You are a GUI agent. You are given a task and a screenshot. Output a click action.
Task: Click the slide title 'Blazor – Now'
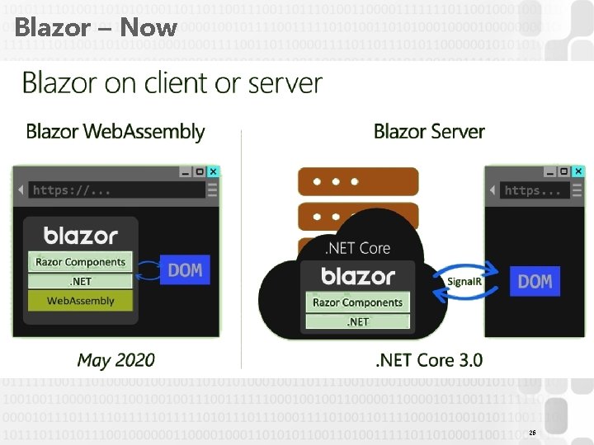[x=96, y=27]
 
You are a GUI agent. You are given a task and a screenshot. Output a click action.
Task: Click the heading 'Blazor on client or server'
[x=172, y=83]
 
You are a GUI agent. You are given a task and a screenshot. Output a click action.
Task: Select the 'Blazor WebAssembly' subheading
[x=115, y=131]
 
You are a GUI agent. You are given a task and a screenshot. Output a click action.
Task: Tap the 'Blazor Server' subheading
[x=429, y=131]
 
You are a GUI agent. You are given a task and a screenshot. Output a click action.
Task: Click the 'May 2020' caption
[x=115, y=360]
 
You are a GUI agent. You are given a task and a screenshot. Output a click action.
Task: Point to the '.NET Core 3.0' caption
[x=429, y=360]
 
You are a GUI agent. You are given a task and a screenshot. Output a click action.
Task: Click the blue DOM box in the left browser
[x=185, y=269]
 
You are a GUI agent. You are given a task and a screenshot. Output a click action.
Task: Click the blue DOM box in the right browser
[x=535, y=281]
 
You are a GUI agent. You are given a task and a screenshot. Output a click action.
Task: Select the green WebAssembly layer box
[x=80, y=301]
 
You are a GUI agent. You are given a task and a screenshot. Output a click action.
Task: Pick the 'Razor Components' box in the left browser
[x=80, y=262]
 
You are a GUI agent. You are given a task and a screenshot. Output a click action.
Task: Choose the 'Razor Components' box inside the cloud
[x=357, y=302]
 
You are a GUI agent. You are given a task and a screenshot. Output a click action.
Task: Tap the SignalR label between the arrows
[x=464, y=282]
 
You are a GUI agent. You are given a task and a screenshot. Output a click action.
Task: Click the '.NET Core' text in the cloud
[x=357, y=247]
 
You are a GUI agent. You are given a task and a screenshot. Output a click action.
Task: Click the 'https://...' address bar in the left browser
[x=115, y=190]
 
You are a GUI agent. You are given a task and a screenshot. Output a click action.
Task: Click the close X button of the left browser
[x=213, y=171]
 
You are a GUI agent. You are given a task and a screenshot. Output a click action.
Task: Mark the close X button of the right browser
[x=577, y=171]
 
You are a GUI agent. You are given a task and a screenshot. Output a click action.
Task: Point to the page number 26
[x=532, y=433]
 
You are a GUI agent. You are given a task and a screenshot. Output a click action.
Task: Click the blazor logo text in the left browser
[x=80, y=236]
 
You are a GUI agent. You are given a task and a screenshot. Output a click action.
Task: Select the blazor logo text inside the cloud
[x=357, y=275]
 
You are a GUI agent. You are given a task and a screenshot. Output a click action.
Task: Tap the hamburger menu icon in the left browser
[x=213, y=190]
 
